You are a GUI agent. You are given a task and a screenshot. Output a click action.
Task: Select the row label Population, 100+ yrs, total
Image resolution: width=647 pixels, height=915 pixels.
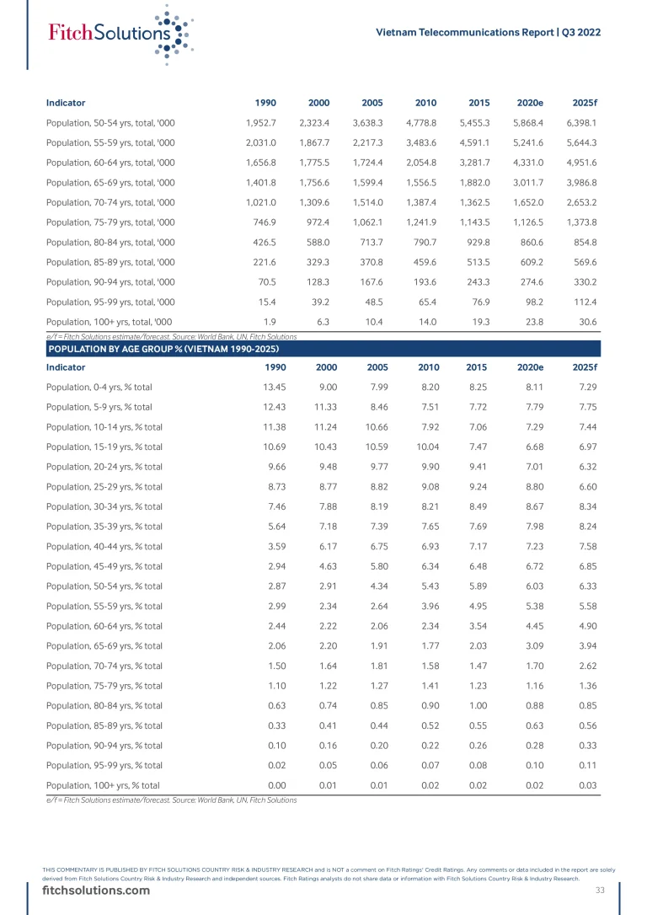tap(110, 320)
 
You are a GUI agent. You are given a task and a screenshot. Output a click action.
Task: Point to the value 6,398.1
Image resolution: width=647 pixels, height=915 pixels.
tap(580, 123)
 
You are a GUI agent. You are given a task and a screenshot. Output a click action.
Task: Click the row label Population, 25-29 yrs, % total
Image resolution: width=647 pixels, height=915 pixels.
tap(104, 485)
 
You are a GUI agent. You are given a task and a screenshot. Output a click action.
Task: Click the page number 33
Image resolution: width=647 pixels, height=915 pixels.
tap(600, 890)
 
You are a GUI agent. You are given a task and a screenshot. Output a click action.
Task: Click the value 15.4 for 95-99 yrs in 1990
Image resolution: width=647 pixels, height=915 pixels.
tap(266, 301)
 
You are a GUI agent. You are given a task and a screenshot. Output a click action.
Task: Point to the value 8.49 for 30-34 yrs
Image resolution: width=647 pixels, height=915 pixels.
tap(476, 505)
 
